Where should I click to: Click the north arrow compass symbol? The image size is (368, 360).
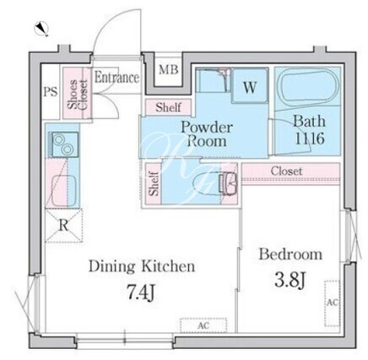pos(41,29)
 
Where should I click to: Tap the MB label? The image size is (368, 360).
pos(169,69)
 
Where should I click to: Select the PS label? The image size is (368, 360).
pos(51,91)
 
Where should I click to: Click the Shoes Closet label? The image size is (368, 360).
pos(78,95)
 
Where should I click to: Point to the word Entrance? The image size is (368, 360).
pos(116,77)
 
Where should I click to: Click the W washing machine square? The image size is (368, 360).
pos(250,85)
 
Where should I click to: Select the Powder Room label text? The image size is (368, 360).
pos(207,134)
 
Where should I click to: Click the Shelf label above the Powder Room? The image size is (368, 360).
pos(169,107)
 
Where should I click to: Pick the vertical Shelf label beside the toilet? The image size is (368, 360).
pos(154,183)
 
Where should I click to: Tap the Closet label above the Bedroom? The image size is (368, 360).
pos(286,171)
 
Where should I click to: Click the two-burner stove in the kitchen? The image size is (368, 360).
pos(63,144)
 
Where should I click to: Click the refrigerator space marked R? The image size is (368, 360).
pos(64,226)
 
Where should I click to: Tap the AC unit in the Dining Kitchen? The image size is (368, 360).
pos(203,325)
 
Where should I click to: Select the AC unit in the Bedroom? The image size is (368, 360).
pos(332,303)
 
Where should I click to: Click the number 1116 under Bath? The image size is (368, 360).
pos(310,139)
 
